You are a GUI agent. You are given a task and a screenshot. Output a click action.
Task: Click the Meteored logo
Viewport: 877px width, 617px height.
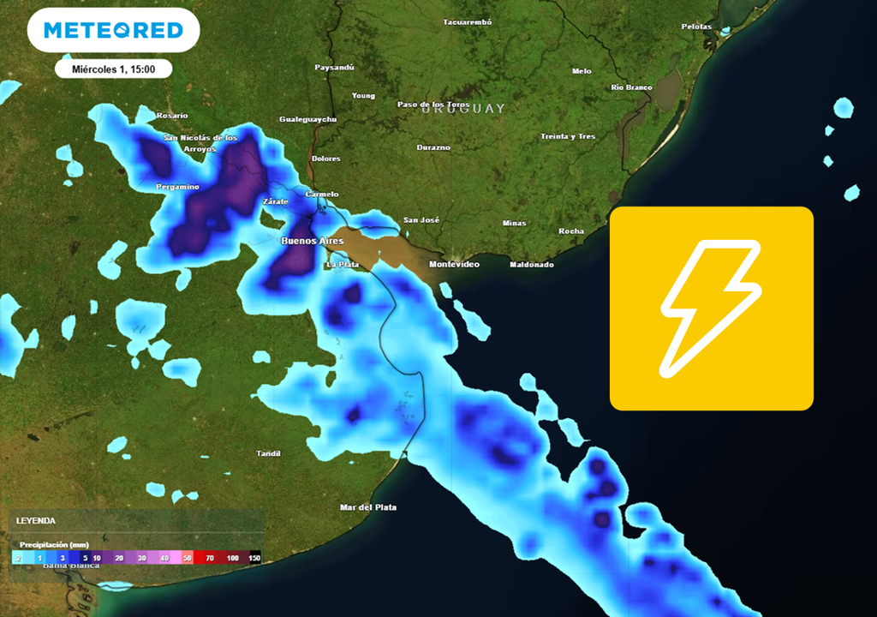(x=113, y=31)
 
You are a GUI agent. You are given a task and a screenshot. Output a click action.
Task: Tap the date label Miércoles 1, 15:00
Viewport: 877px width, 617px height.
(x=113, y=69)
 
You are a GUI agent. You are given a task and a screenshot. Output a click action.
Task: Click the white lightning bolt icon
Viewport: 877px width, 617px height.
(x=711, y=308)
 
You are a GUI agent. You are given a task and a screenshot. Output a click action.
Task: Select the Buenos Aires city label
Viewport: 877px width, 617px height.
(x=313, y=242)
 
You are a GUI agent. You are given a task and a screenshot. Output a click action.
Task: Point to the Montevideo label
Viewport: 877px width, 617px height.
(x=454, y=264)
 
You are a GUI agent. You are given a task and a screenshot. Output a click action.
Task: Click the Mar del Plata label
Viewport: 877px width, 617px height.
(x=368, y=507)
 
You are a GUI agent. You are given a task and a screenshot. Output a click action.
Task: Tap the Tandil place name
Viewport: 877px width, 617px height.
(x=269, y=453)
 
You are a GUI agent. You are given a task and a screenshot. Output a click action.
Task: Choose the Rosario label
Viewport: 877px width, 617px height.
(x=172, y=116)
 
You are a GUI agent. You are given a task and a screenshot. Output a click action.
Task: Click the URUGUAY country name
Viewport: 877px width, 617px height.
(x=463, y=109)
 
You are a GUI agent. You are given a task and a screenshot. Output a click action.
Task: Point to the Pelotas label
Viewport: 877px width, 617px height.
(x=696, y=27)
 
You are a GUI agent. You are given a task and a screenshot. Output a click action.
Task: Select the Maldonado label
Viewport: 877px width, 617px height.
(x=532, y=265)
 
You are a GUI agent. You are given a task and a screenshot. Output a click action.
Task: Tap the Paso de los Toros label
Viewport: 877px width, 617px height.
(x=433, y=105)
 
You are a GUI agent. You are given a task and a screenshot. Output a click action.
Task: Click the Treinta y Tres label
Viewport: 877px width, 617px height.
(x=568, y=137)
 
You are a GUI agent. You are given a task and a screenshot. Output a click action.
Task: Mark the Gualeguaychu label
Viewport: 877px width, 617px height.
(x=308, y=120)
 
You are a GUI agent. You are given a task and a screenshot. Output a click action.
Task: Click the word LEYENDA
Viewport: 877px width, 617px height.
(x=36, y=520)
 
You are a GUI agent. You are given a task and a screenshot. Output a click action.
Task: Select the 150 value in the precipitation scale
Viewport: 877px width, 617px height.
(x=254, y=558)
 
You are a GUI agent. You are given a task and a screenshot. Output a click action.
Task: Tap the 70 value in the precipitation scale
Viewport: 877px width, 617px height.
(x=209, y=558)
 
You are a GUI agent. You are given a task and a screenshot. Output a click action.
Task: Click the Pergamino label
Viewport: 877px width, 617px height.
(x=177, y=187)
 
